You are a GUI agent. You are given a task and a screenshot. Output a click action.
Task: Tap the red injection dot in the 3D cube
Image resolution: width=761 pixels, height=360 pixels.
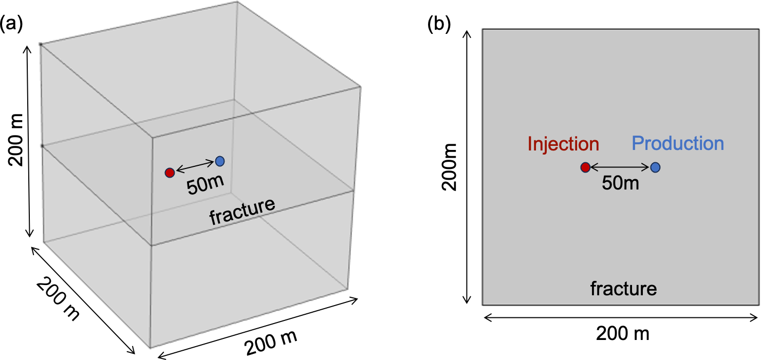pyautogui.click(x=170, y=173)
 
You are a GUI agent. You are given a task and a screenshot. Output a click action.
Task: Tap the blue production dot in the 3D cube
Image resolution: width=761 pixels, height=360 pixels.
pyautogui.click(x=220, y=161)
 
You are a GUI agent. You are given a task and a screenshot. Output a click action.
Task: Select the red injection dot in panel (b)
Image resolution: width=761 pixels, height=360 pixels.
pyautogui.click(x=585, y=167)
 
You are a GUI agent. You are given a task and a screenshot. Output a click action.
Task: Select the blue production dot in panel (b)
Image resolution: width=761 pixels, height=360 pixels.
pyautogui.click(x=655, y=167)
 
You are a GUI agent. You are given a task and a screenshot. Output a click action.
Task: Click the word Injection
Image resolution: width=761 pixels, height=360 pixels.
pyautogui.click(x=564, y=144)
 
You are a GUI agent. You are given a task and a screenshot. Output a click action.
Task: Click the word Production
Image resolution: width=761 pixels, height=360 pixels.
pyautogui.click(x=678, y=143)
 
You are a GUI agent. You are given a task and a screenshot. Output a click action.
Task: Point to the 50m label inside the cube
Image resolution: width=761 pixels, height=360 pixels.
pyautogui.click(x=205, y=185)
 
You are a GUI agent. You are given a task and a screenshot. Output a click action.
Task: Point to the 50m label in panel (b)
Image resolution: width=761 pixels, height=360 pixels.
pyautogui.click(x=621, y=183)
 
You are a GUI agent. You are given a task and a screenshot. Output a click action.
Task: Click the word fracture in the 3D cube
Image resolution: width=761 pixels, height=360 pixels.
pyautogui.click(x=242, y=211)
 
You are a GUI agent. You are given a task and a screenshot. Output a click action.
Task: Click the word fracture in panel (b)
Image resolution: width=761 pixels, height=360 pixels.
pyautogui.click(x=623, y=289)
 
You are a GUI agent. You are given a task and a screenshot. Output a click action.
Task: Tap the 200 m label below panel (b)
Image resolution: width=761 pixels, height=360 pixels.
pyautogui.click(x=622, y=334)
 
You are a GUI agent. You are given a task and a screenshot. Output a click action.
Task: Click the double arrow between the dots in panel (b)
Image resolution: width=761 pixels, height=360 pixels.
pyautogui.click(x=620, y=167)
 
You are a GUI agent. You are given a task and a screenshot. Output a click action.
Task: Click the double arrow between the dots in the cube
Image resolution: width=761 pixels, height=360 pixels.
pyautogui.click(x=195, y=166)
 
